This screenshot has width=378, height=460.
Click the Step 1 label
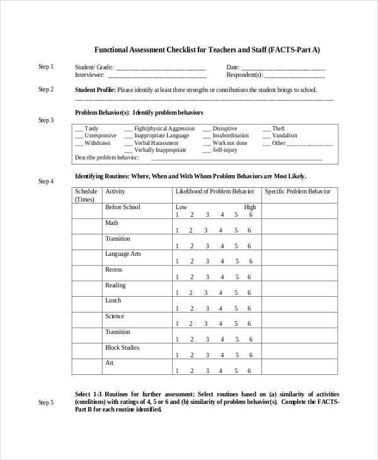[x=46, y=67]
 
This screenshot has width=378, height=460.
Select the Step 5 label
[x=46, y=402]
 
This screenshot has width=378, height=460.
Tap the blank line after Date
[x=283, y=69]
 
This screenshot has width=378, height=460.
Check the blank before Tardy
[x=79, y=129]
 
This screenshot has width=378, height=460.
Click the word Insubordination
[x=231, y=135]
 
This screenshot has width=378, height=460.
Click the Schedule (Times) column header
[x=86, y=195]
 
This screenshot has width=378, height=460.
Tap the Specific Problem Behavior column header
[x=297, y=191]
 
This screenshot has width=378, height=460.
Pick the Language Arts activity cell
[x=123, y=254]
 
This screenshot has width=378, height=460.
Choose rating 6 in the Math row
[x=250, y=231]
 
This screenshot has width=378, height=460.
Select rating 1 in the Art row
[x=178, y=371]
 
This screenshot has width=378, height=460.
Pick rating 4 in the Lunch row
[x=221, y=309]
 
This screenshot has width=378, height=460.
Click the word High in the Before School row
[x=250, y=207]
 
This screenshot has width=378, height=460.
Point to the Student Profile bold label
[x=95, y=89]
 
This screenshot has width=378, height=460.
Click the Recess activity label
[x=114, y=270]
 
